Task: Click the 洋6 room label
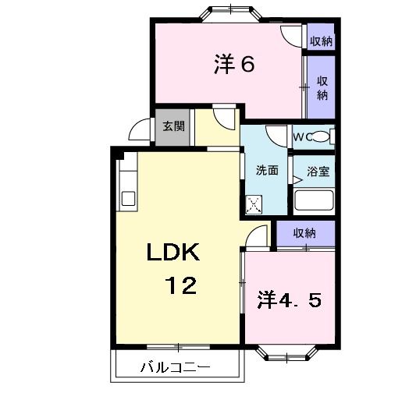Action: click(x=233, y=65)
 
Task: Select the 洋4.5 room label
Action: click(x=288, y=299)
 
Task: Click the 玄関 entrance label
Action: click(x=173, y=127)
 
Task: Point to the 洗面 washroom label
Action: click(x=267, y=171)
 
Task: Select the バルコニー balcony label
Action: click(x=174, y=366)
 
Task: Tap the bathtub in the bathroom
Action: click(x=315, y=201)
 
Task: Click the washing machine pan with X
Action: click(x=255, y=204)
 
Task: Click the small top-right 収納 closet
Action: click(x=321, y=41)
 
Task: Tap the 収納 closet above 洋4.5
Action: click(x=304, y=233)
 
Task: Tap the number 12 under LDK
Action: click(x=180, y=285)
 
